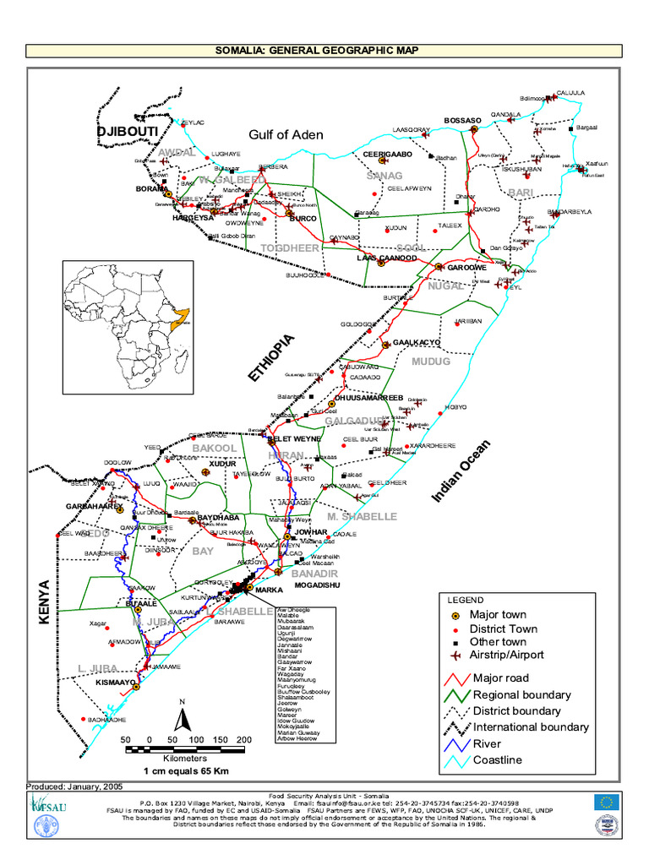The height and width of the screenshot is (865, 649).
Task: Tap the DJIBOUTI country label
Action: (128, 132)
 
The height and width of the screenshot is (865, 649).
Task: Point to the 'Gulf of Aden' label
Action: (286, 134)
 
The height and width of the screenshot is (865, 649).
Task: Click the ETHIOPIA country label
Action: (272, 359)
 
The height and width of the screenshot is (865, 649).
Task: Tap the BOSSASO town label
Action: (461, 120)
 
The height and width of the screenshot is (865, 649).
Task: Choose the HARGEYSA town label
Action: (193, 218)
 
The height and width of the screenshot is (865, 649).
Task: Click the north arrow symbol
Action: (181, 717)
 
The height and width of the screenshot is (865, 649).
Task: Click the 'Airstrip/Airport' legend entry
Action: (507, 655)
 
